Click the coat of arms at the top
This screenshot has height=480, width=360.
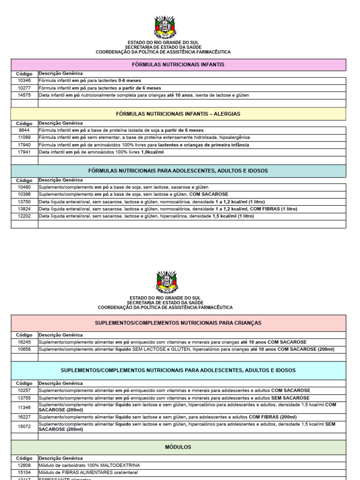pyautogui.click(x=165, y=27)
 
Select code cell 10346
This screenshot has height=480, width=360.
pyautogui.click(x=24, y=81)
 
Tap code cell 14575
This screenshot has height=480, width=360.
pyautogui.click(x=24, y=95)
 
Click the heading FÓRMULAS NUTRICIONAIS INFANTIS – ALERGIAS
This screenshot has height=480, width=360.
pyautogui.click(x=178, y=114)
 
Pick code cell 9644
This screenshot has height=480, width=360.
pyautogui.click(x=24, y=130)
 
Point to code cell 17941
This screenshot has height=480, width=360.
pyautogui.click(x=24, y=152)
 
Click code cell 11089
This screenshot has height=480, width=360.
pyautogui.click(x=24, y=138)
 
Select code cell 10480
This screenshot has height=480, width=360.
pyautogui.click(x=24, y=187)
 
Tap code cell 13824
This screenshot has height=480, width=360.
pyautogui.click(x=24, y=209)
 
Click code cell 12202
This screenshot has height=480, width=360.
pyautogui.click(x=24, y=217)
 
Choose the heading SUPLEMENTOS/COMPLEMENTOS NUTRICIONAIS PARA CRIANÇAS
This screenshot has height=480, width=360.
pyautogui.click(x=178, y=323)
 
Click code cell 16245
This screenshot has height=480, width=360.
pyautogui.click(x=24, y=342)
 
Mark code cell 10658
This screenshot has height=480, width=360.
pyautogui.click(x=24, y=350)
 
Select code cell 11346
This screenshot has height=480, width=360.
pyautogui.click(x=24, y=407)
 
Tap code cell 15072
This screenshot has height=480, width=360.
pyautogui.click(x=24, y=427)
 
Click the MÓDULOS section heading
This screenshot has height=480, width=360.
pyautogui.click(x=178, y=447)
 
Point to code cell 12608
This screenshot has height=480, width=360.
pyautogui.click(x=24, y=465)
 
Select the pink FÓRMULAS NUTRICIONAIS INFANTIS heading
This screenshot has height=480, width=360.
pyautogui.click(x=178, y=64)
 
